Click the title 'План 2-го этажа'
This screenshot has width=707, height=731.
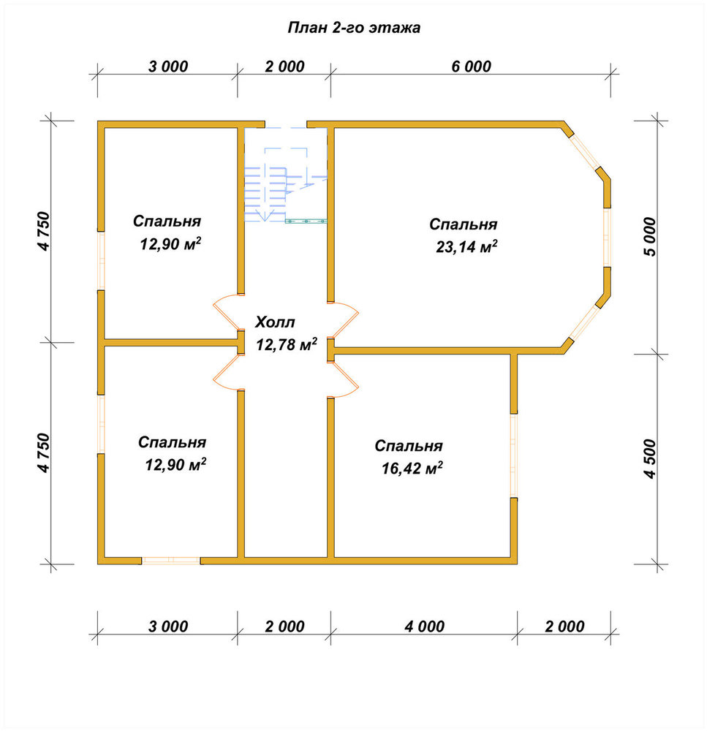354,28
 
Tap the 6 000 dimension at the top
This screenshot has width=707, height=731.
471,67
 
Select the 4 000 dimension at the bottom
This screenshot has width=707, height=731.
424,626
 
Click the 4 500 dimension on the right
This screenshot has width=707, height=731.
649,459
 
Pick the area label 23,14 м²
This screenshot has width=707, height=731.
466,246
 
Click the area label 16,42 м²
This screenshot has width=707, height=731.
412,468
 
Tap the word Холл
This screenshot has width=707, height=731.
275,322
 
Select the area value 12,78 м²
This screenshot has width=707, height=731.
287,344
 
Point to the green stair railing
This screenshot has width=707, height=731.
306,221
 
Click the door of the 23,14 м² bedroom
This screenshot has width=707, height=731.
343,320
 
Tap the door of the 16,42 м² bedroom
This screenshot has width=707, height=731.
343,379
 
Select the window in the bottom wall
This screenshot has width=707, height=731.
171,561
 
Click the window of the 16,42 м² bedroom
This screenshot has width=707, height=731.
514,455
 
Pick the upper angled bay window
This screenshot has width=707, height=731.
586,153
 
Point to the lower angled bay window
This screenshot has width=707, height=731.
584,323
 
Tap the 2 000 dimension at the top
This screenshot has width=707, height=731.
284,67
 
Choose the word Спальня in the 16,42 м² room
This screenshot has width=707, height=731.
409,446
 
